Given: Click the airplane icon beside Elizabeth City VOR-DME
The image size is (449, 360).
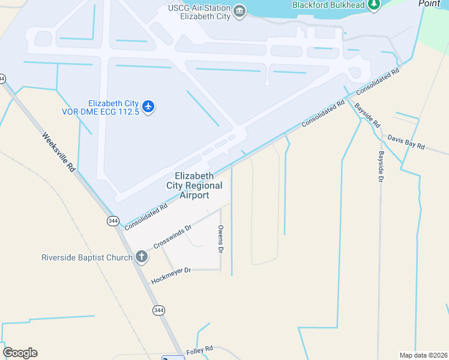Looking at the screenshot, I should (x=148, y=107).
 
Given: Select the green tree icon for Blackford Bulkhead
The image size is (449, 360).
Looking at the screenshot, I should (x=374, y=5).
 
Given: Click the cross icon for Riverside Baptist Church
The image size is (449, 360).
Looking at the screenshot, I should (x=142, y=258).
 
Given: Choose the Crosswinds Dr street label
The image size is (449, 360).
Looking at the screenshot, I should (x=172, y=237).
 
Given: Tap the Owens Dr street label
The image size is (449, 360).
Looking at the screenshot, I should (x=221, y=238).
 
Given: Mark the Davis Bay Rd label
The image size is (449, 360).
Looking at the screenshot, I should (x=406, y=142).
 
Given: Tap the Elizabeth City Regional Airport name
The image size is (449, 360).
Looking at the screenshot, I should (x=194, y=185).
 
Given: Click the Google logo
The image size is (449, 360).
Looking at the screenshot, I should (x=20, y=353).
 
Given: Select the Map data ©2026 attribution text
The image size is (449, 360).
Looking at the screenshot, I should (x=423, y=355).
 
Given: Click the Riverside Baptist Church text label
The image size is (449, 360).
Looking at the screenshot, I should (x=86, y=258).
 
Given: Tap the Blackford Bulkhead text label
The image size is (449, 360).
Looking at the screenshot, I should (x=328, y=5).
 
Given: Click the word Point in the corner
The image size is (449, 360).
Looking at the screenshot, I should (x=429, y=3).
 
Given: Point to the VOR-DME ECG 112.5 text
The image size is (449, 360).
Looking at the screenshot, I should (x=101, y=112).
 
